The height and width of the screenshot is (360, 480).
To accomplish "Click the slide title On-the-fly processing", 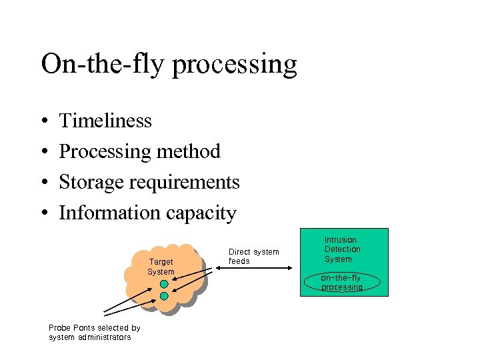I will tap(169, 65).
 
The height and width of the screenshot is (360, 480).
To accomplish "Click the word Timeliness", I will tap(105, 121).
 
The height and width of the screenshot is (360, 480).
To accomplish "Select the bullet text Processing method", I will tap(139, 151).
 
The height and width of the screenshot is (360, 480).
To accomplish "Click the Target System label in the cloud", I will tap(161, 267).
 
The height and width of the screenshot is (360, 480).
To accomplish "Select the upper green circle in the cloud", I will tap(164, 284).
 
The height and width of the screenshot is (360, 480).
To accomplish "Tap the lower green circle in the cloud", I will tap(164, 296).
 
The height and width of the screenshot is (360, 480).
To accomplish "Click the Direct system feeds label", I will tap(253, 257).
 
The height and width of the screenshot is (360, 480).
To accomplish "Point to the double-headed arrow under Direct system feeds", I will tap(253, 269).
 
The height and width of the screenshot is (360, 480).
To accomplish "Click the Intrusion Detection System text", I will tap(342, 249).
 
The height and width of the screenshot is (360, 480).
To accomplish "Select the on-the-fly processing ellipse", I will tap(341, 283).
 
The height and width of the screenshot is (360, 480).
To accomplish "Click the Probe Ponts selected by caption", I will tap(94, 328).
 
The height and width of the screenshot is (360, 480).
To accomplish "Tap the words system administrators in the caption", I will tap(89, 337).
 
